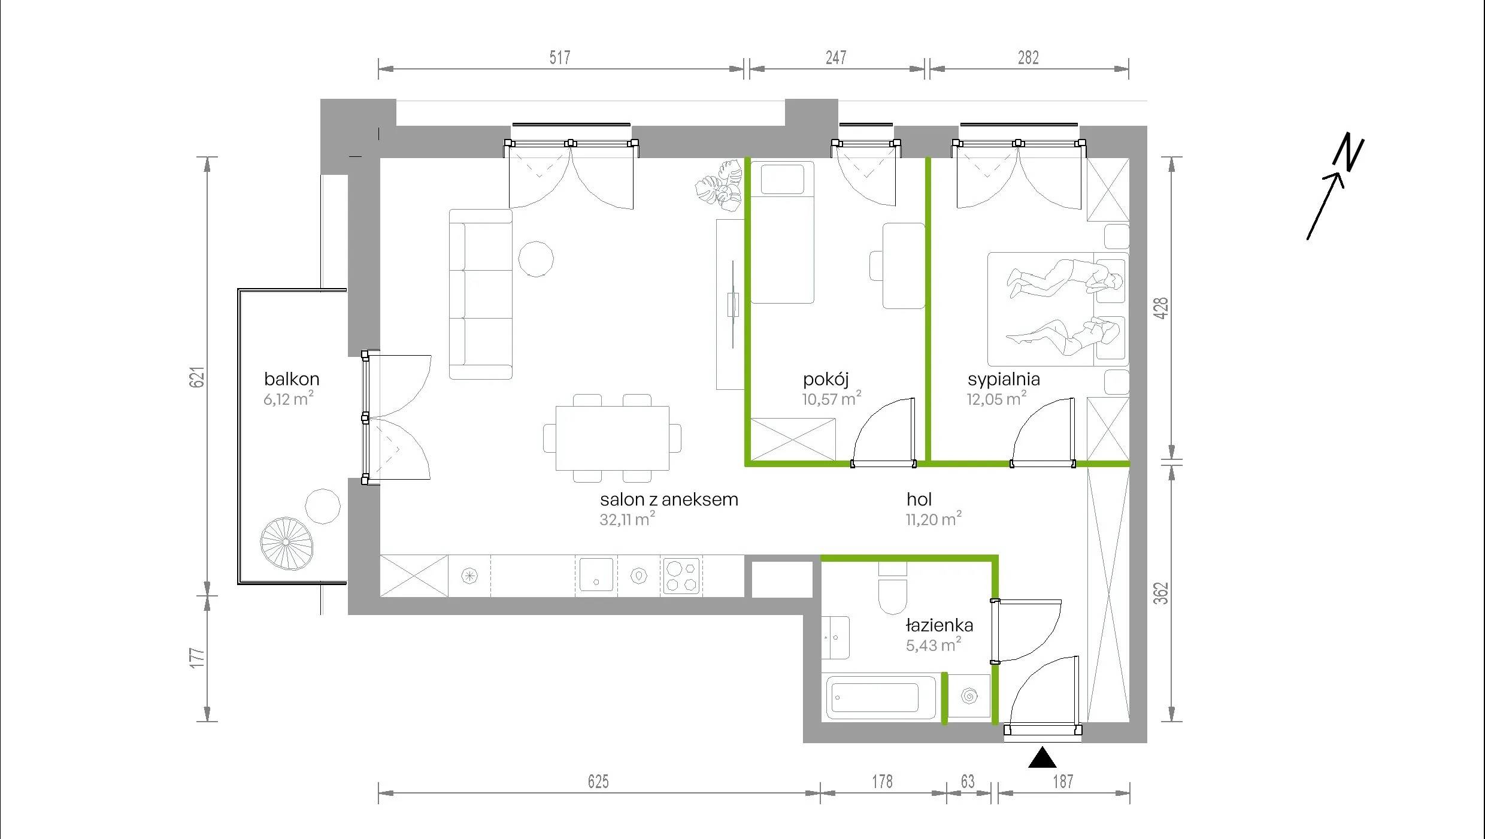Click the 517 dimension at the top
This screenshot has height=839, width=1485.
point(560,57)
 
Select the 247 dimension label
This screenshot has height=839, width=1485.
point(836,57)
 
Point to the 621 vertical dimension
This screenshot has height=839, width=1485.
point(197,377)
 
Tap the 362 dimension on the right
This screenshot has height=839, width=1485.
point(1160,593)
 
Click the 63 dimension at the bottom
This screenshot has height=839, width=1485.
point(968,782)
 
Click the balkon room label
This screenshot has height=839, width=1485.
point(292,378)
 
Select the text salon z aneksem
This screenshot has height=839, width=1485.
point(669,499)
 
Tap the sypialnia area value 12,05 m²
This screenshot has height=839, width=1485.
point(996,398)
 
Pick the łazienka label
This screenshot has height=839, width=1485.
point(940,625)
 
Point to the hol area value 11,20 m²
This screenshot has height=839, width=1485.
point(934,519)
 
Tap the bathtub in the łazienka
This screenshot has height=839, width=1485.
point(880,697)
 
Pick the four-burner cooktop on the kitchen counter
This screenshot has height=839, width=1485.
point(681,576)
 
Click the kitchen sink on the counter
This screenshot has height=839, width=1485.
point(596,575)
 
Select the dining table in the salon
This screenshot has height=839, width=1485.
point(613,438)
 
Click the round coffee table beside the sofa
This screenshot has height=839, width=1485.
point(536,259)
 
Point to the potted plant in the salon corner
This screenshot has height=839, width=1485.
point(720,186)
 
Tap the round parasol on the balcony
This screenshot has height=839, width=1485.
point(286,543)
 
